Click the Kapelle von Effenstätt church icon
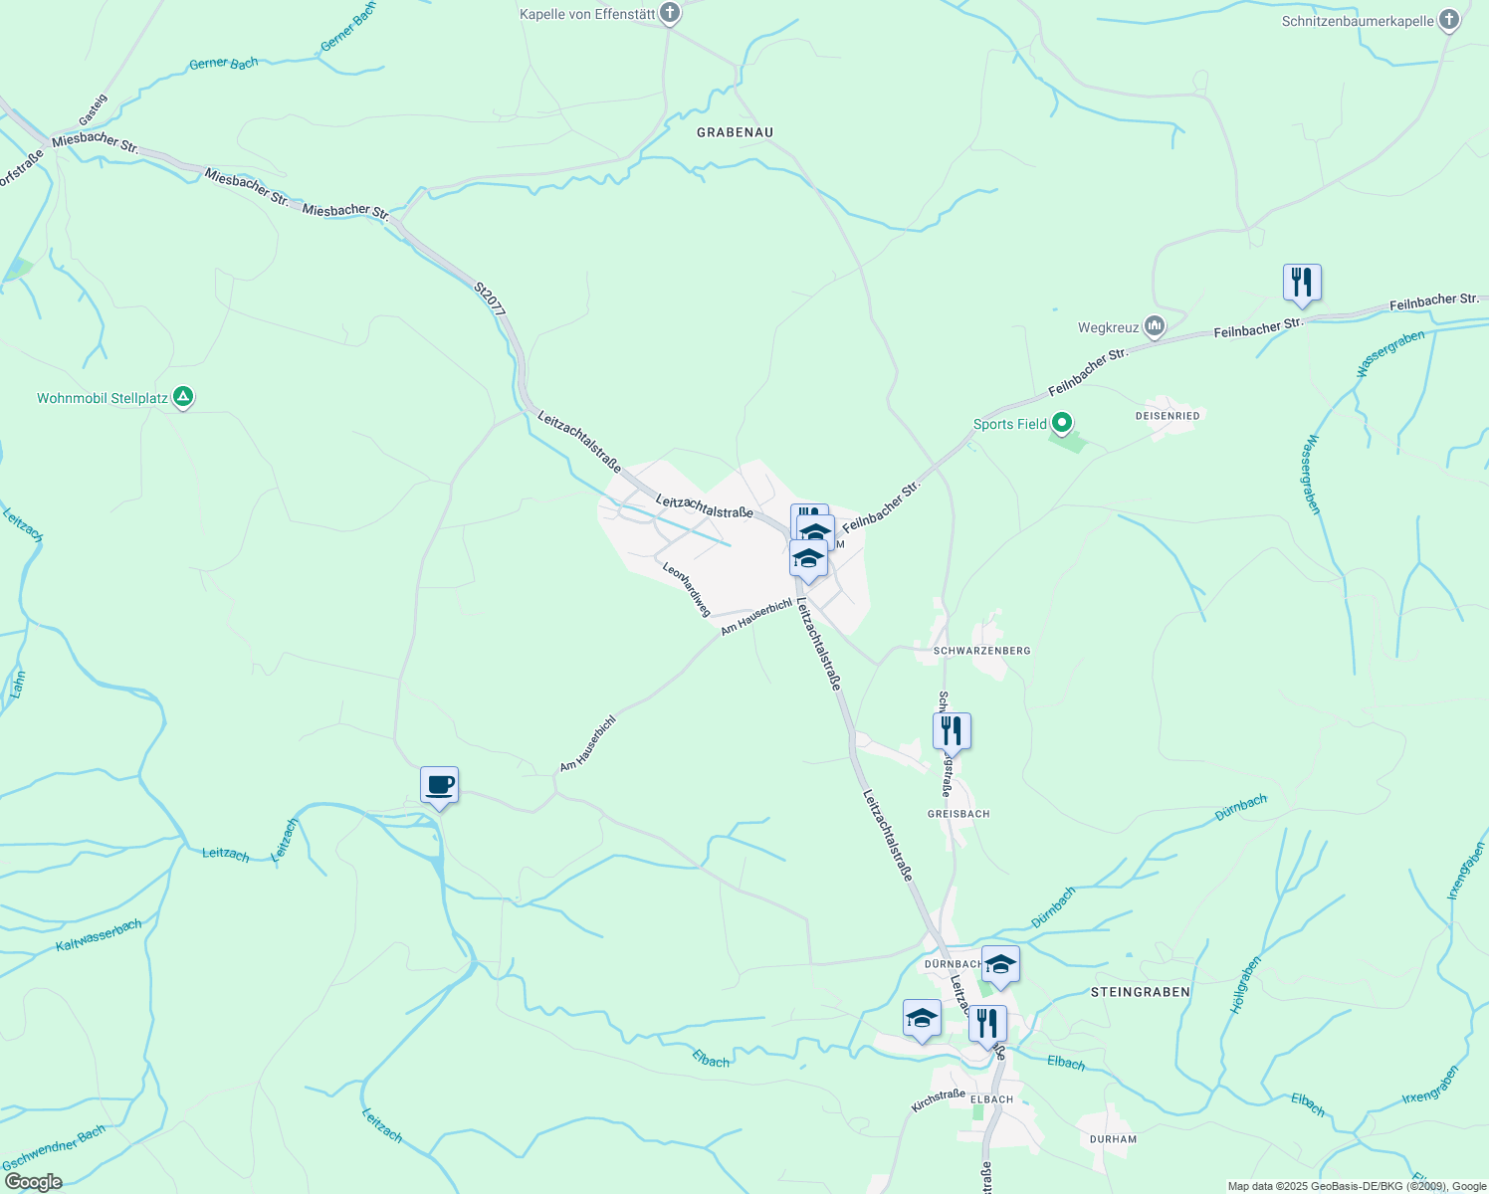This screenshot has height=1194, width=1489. coord(670,14)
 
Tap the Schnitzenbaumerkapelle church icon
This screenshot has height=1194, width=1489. coord(1449,20)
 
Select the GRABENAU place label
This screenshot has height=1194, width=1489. coord(735,132)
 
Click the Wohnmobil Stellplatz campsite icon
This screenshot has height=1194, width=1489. coord(183,397)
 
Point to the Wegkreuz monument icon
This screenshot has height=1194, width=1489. coord(1155,326)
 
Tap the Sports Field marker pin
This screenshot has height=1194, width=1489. coord(1062,424)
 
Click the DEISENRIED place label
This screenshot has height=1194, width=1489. coord(1168,415)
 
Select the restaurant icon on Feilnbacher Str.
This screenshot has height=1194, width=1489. coord(1301,283)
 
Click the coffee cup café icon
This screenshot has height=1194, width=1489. coord(439,786)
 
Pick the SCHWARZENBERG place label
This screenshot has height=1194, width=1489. coord(981,651)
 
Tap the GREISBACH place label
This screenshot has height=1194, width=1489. coord(957,814)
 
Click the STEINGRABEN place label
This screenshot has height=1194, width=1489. coord(1140,992)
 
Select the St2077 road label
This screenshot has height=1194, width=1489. coord(490,299)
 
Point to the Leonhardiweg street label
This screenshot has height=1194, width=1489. coord(687,588)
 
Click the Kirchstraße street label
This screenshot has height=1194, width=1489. coord(938,1100)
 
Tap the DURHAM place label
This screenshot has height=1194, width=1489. coord(1112,1139)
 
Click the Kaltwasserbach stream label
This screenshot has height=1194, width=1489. coord(99,935)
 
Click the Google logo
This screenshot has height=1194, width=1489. coord(33,1182)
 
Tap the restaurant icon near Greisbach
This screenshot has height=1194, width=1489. coord(952,731)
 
